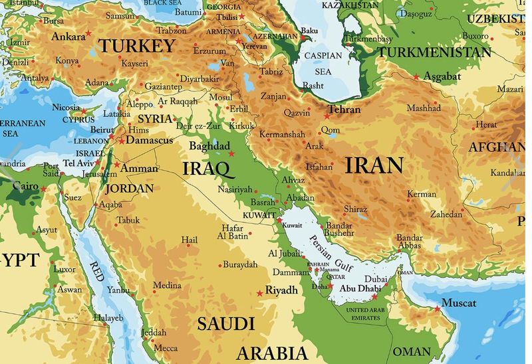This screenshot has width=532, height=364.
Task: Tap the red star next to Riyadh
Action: click(x=259, y=293)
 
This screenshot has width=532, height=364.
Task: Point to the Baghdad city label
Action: click(x=209, y=145)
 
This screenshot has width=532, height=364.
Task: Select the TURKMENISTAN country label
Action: click(x=435, y=52)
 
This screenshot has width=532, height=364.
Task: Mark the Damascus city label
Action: click(x=150, y=141)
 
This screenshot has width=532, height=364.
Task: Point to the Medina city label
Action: click(x=167, y=286)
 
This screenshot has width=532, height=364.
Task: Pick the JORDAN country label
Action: click(x=129, y=188)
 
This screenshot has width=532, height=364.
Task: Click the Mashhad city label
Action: click(x=424, y=108)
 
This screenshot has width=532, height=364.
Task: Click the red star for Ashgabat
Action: click(x=416, y=77)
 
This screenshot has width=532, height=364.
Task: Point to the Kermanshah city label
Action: click(x=282, y=135)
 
